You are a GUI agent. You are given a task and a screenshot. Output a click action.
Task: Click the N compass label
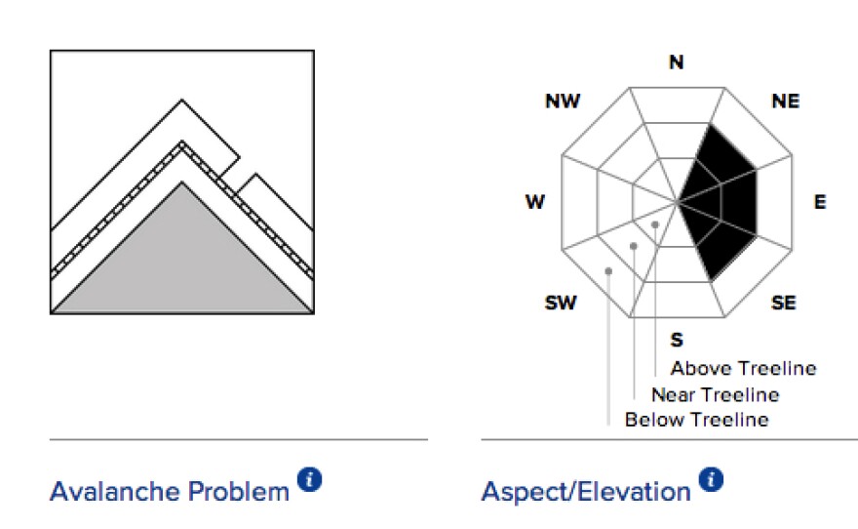(x=677, y=61)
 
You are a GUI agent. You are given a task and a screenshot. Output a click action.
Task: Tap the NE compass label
(x=786, y=102)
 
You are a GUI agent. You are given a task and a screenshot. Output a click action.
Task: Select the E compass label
(x=820, y=202)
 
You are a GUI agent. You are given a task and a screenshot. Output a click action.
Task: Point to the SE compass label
(x=784, y=303)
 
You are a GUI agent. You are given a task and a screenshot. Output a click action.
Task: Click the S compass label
(x=677, y=340)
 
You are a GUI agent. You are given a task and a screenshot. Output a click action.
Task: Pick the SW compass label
(x=561, y=303)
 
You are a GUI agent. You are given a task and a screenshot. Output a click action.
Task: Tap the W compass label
(x=535, y=202)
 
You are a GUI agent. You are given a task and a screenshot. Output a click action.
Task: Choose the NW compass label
(x=564, y=102)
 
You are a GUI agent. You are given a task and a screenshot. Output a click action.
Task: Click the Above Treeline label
(x=744, y=369)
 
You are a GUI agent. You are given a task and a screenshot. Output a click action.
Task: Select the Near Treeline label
(x=716, y=395)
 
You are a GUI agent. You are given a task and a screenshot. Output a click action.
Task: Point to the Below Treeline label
(x=697, y=420)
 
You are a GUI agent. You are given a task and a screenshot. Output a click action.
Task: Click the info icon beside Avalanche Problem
(x=310, y=480)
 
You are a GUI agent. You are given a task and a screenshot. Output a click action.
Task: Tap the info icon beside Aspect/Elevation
(x=711, y=480)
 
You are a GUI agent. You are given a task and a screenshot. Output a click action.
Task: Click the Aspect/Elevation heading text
(x=586, y=492)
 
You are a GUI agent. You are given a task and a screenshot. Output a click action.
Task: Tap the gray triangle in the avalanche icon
(x=182, y=263)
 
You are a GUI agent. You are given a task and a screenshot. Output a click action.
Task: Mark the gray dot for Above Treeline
(x=655, y=224)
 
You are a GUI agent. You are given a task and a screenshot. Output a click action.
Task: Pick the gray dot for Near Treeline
(x=634, y=246)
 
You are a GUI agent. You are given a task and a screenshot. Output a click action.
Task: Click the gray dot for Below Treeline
(x=608, y=271)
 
